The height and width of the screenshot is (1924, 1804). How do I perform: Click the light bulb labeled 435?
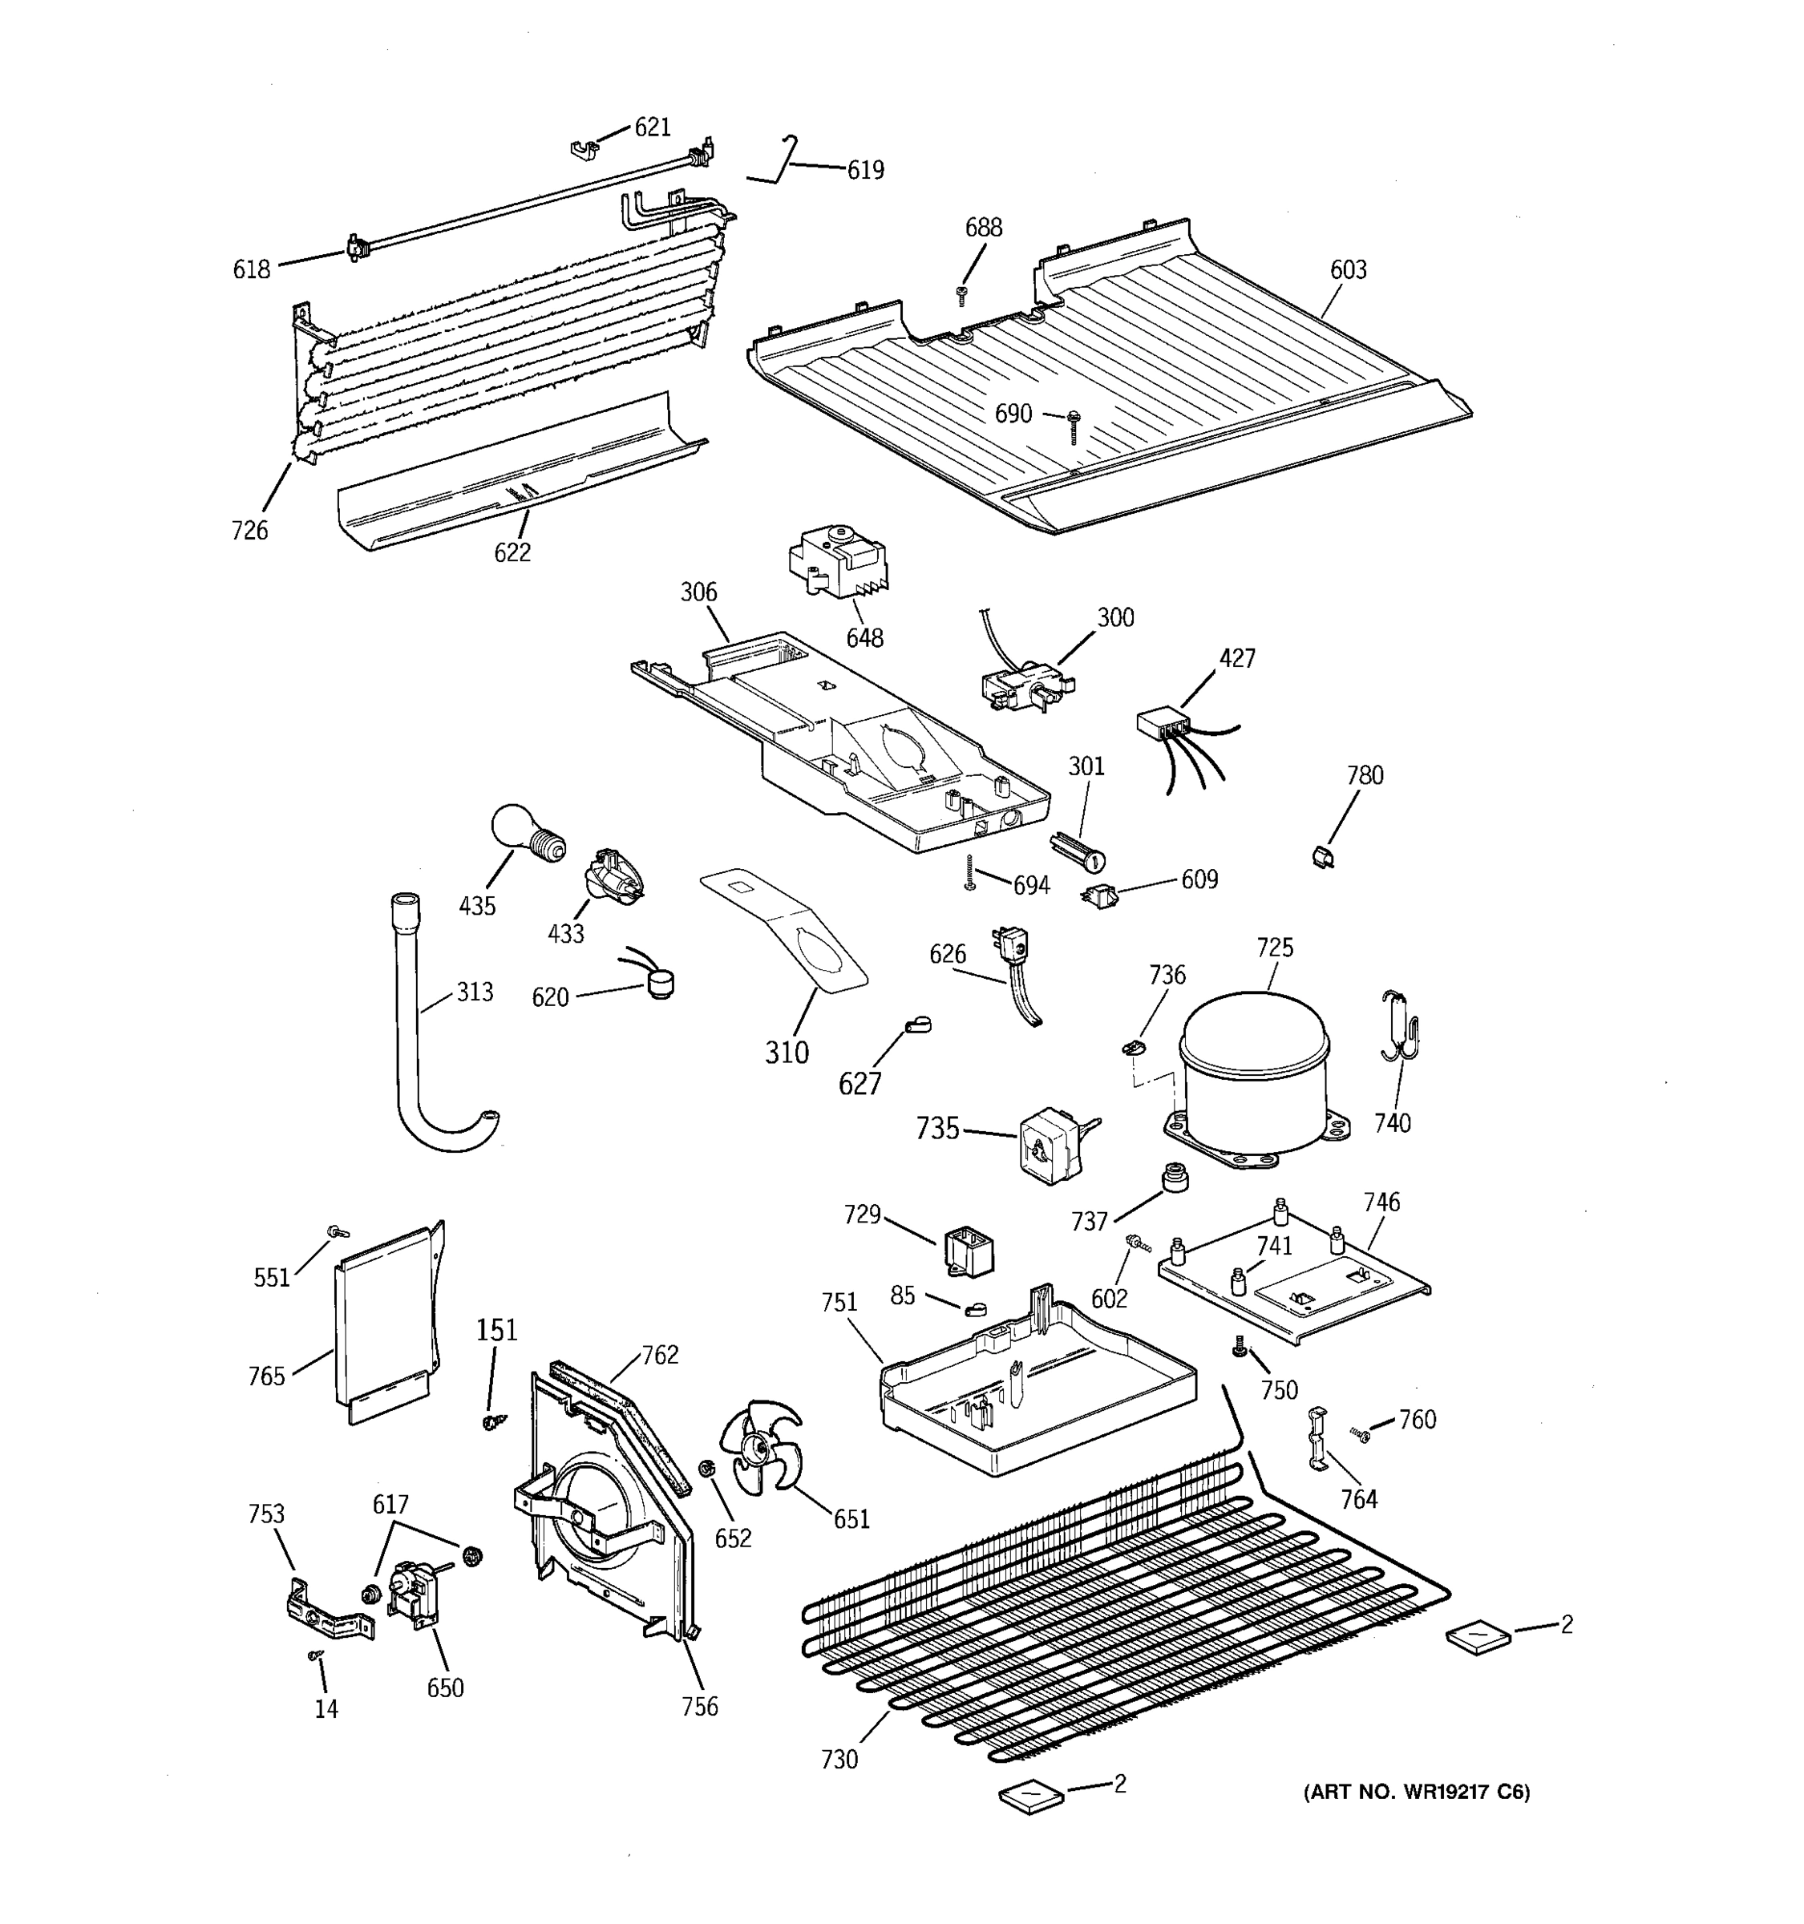click(524, 833)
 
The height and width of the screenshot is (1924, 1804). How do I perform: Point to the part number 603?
click(1347, 270)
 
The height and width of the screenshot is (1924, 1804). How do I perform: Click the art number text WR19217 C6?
click(1417, 1793)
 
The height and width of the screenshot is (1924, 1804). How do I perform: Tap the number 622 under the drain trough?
click(512, 552)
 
